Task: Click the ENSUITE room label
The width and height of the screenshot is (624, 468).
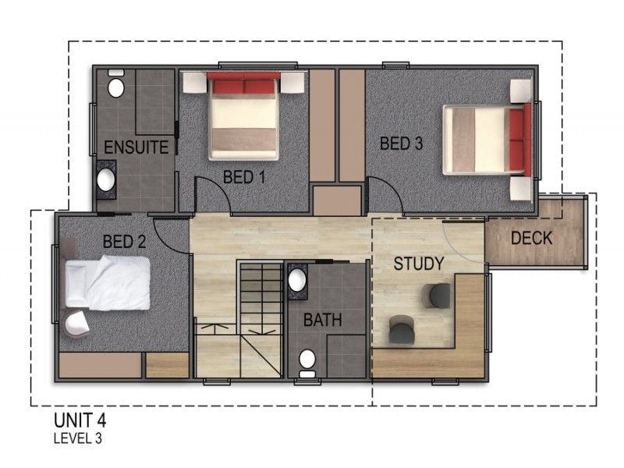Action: click(x=136, y=147)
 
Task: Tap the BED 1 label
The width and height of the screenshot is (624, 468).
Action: click(x=244, y=177)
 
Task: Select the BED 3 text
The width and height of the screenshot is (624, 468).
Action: click(x=401, y=144)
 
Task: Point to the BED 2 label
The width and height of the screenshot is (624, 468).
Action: click(x=124, y=242)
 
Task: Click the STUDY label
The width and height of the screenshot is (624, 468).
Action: click(x=419, y=264)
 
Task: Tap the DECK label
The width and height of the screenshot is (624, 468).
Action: click(x=532, y=238)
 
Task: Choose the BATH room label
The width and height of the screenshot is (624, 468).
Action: click(x=322, y=320)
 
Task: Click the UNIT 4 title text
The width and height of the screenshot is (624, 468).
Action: click(x=80, y=420)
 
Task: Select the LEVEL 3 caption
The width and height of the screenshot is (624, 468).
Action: click(x=78, y=438)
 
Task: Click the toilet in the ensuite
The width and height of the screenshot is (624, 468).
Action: click(x=115, y=84)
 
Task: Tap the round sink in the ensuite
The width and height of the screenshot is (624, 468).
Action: click(x=106, y=179)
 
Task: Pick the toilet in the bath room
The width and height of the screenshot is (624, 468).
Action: click(x=307, y=363)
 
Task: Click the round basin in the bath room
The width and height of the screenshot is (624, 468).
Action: click(x=297, y=281)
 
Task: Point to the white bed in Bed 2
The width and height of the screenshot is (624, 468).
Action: click(x=108, y=282)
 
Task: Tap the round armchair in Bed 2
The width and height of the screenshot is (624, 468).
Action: click(x=76, y=324)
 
